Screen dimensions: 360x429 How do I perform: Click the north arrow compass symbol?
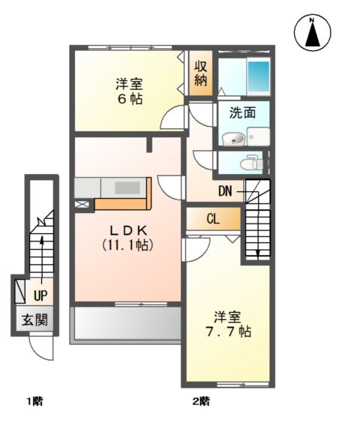tap(313, 32)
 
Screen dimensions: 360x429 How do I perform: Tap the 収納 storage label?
tap(200, 73)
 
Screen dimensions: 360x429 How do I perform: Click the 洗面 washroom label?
tap(242, 112)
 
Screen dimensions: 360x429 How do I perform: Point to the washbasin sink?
tap(233, 139)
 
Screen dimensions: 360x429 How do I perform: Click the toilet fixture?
tap(251, 163)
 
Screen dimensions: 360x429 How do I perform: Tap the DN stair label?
tap(225, 191)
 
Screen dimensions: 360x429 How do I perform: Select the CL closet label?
tap(213, 219)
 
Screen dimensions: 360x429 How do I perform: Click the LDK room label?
tap(128, 231)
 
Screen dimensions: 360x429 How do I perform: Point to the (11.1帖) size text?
tap(127, 244)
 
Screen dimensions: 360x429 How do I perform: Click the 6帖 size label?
tap(130, 99)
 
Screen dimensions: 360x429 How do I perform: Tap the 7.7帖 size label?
tap(229, 331)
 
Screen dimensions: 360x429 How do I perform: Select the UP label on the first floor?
tap(40, 295)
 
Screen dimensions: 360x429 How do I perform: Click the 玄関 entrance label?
tap(34, 319)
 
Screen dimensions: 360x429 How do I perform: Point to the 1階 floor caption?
tap(34, 402)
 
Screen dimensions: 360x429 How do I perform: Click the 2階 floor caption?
tap(201, 401)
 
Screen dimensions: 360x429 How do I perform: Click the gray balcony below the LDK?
tap(126, 324)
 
